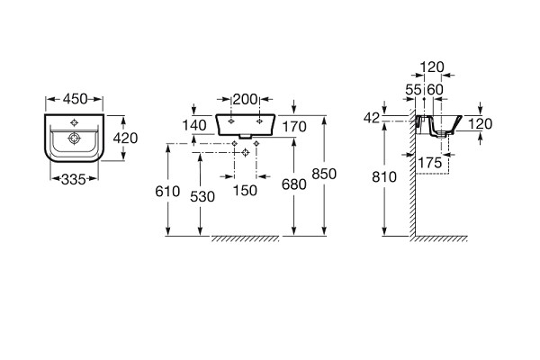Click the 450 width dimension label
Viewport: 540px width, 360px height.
(x=75, y=98)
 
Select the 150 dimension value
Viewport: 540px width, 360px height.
(x=245, y=190)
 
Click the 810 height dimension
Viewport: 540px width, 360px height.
(x=383, y=177)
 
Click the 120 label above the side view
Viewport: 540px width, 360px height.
(x=434, y=67)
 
